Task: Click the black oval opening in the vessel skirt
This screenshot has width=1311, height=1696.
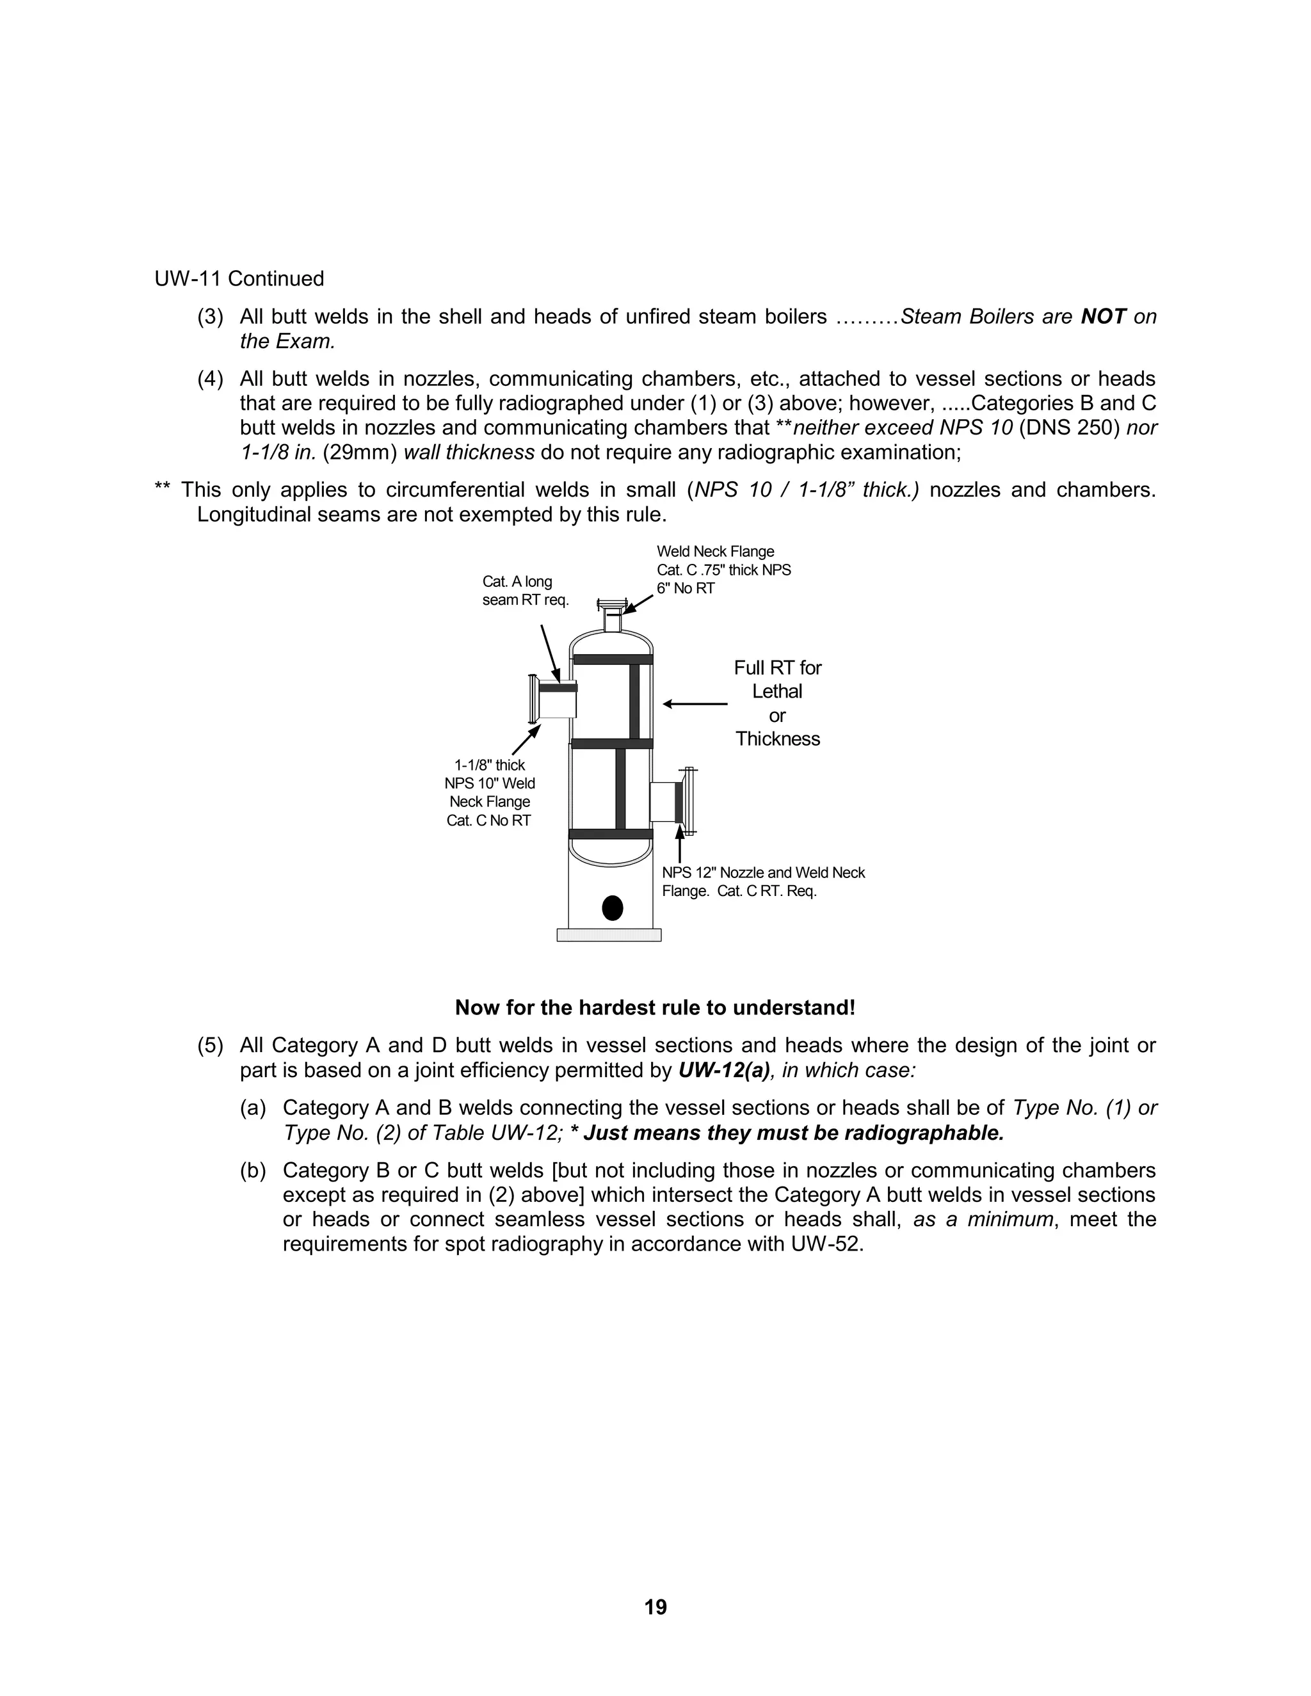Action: click(x=612, y=908)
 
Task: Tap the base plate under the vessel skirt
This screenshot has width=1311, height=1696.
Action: click(x=609, y=935)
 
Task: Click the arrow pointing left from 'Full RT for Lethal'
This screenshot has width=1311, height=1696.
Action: click(x=695, y=705)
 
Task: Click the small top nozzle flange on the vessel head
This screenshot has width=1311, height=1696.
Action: click(x=612, y=604)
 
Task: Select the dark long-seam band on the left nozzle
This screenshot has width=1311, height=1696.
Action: click(x=558, y=687)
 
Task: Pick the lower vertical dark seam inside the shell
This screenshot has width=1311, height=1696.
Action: click(x=620, y=789)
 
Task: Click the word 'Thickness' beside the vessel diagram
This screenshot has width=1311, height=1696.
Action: click(x=777, y=739)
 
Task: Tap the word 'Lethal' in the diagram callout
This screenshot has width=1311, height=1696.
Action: click(x=776, y=691)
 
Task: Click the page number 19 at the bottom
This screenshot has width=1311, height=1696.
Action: click(x=655, y=1606)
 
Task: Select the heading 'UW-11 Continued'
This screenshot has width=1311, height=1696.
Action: click(x=239, y=279)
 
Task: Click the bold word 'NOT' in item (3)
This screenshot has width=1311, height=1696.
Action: click(x=1103, y=317)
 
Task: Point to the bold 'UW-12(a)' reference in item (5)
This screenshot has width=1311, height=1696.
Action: click(x=724, y=1070)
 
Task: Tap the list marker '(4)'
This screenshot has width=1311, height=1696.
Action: click(x=211, y=379)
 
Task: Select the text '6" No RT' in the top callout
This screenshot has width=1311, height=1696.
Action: click(x=685, y=589)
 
